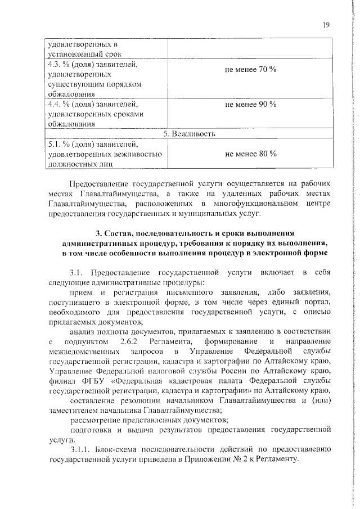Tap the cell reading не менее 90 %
[250, 104]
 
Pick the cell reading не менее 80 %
[250, 153]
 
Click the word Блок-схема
[125, 449]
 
